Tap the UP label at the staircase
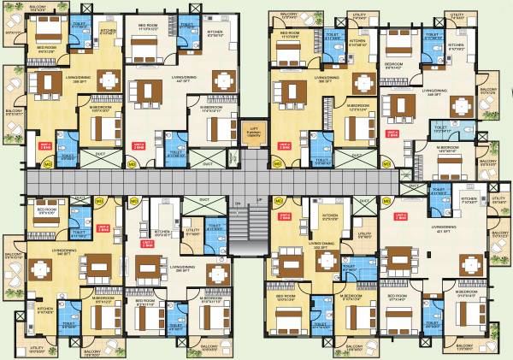coord(259,202)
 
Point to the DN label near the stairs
coord(238,202)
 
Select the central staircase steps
coord(250,226)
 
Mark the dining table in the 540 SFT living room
coord(38,269)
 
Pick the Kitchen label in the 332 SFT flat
coord(328,217)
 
